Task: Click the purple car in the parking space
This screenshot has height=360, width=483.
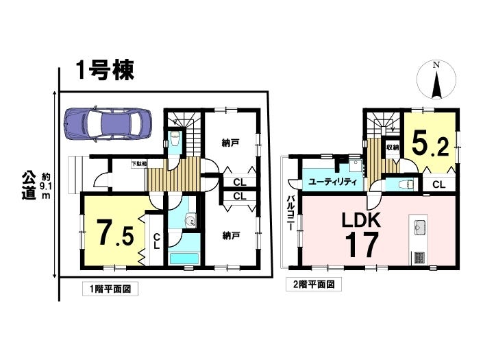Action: (x=108, y=125)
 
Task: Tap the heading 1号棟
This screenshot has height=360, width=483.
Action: (x=106, y=71)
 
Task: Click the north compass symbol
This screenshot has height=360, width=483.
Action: (x=436, y=80)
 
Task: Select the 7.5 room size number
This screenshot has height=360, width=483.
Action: (x=115, y=232)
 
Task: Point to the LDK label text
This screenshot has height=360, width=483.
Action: (x=362, y=220)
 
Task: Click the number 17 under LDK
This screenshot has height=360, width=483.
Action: (x=362, y=245)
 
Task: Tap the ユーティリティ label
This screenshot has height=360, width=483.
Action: (x=332, y=182)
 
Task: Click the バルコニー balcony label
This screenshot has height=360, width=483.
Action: (x=290, y=213)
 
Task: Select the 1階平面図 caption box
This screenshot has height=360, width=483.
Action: (x=110, y=289)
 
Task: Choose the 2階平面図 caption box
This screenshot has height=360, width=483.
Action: (x=314, y=284)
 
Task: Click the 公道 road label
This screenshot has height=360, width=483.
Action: (x=29, y=186)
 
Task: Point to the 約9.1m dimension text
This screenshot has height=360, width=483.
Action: (x=46, y=186)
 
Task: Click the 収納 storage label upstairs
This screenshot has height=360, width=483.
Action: (x=393, y=147)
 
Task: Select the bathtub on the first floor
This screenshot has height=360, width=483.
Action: (x=184, y=259)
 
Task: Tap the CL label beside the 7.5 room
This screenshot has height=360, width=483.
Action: (x=156, y=241)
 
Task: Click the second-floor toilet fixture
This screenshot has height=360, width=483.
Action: (x=405, y=185)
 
